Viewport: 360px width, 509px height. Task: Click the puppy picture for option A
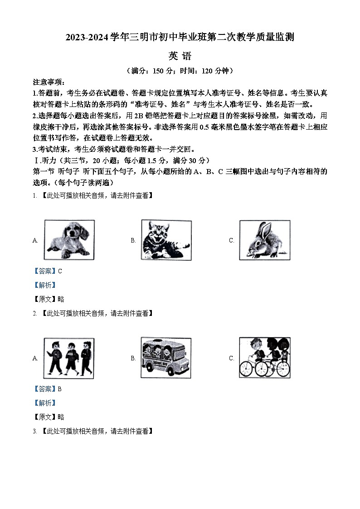69,240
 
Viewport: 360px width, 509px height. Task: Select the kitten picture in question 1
165,240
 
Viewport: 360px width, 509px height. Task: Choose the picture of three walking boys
69,358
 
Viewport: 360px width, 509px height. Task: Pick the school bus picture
165,358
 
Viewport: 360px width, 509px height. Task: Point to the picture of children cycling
265,358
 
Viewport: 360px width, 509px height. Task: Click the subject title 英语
180,56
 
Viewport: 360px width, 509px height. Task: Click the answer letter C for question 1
60,271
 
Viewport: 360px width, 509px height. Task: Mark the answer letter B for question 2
60,389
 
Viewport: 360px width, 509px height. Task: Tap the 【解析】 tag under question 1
45,285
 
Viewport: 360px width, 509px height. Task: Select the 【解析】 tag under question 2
45,403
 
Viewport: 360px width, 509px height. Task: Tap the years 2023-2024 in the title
87,38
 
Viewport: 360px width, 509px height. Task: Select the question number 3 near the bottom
34,431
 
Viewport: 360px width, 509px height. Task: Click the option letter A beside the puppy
35,241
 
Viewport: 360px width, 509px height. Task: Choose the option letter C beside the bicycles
231,358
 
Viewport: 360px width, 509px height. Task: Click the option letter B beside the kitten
133,241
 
